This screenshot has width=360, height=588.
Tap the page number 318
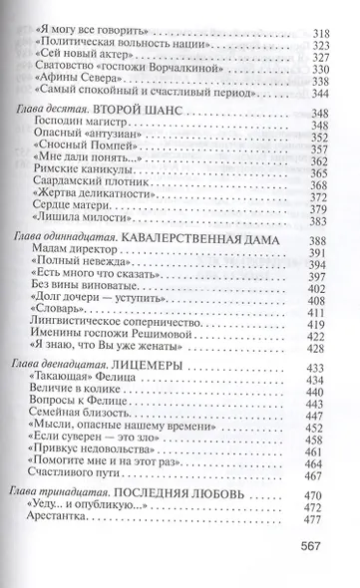coord(322,16)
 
